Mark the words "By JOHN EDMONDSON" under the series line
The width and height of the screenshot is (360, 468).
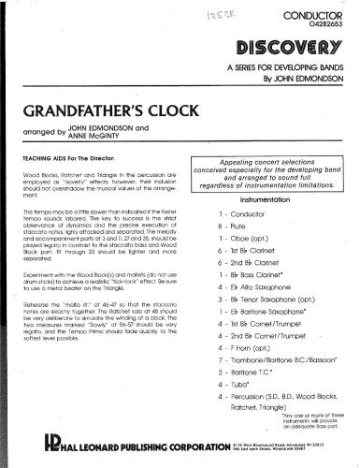tap(305, 80)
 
